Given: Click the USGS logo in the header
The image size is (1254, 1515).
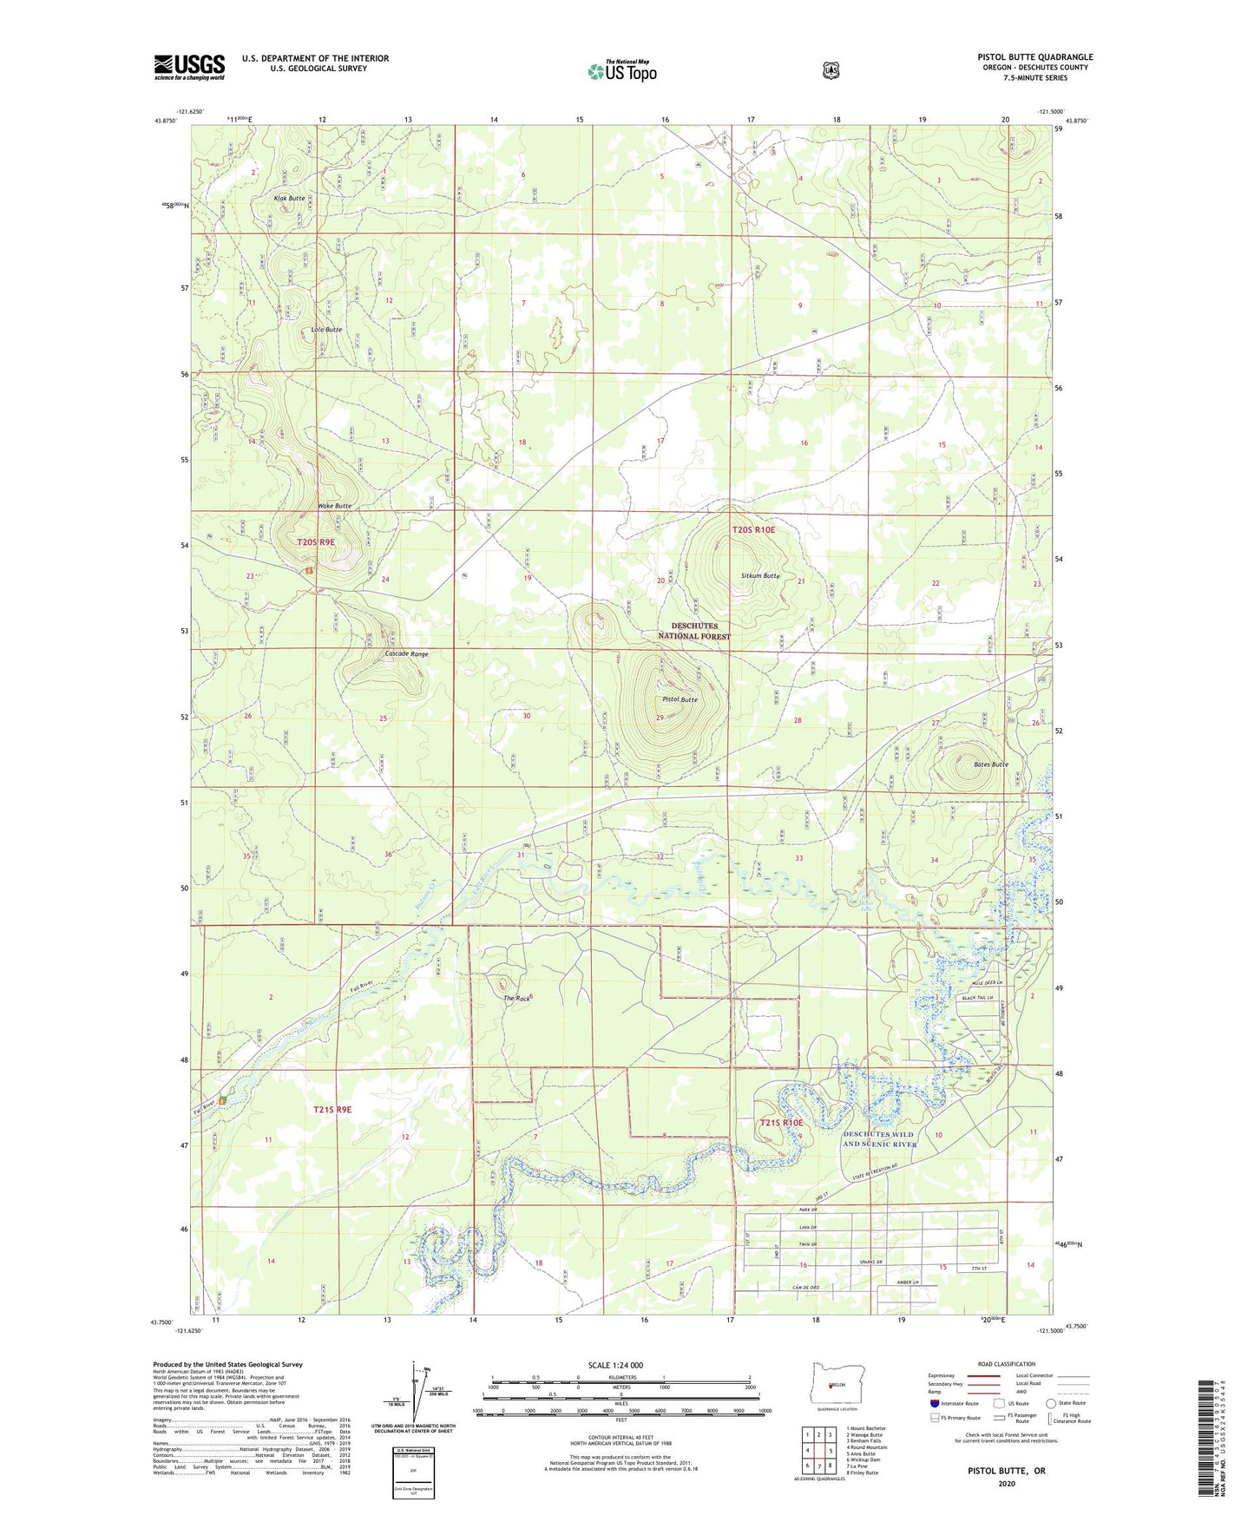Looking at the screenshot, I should point(189,67).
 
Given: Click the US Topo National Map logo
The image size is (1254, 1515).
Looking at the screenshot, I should point(621,71).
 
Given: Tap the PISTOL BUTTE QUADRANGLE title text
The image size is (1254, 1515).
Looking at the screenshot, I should point(1034,57).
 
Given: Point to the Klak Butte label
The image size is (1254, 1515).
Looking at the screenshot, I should point(290,199).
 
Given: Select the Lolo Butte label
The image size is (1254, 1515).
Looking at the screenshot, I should point(327,330).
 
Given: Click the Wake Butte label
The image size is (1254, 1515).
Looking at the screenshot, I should point(335,506).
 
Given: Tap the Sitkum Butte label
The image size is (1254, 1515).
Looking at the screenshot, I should point(760,575).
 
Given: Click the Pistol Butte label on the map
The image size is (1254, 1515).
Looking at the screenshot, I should point(680,699).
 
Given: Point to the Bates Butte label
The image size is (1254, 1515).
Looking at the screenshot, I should point(990,764).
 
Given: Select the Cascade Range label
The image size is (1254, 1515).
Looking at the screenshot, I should point(407,653).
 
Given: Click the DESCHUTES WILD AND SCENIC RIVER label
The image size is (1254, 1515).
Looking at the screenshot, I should point(880,1139).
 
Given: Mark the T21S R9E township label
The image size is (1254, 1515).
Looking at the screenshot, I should point(333,1110).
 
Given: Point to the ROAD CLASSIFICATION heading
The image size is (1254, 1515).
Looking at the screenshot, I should point(1006,1365).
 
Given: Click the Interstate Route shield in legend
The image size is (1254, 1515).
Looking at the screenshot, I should point(934,1403).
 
